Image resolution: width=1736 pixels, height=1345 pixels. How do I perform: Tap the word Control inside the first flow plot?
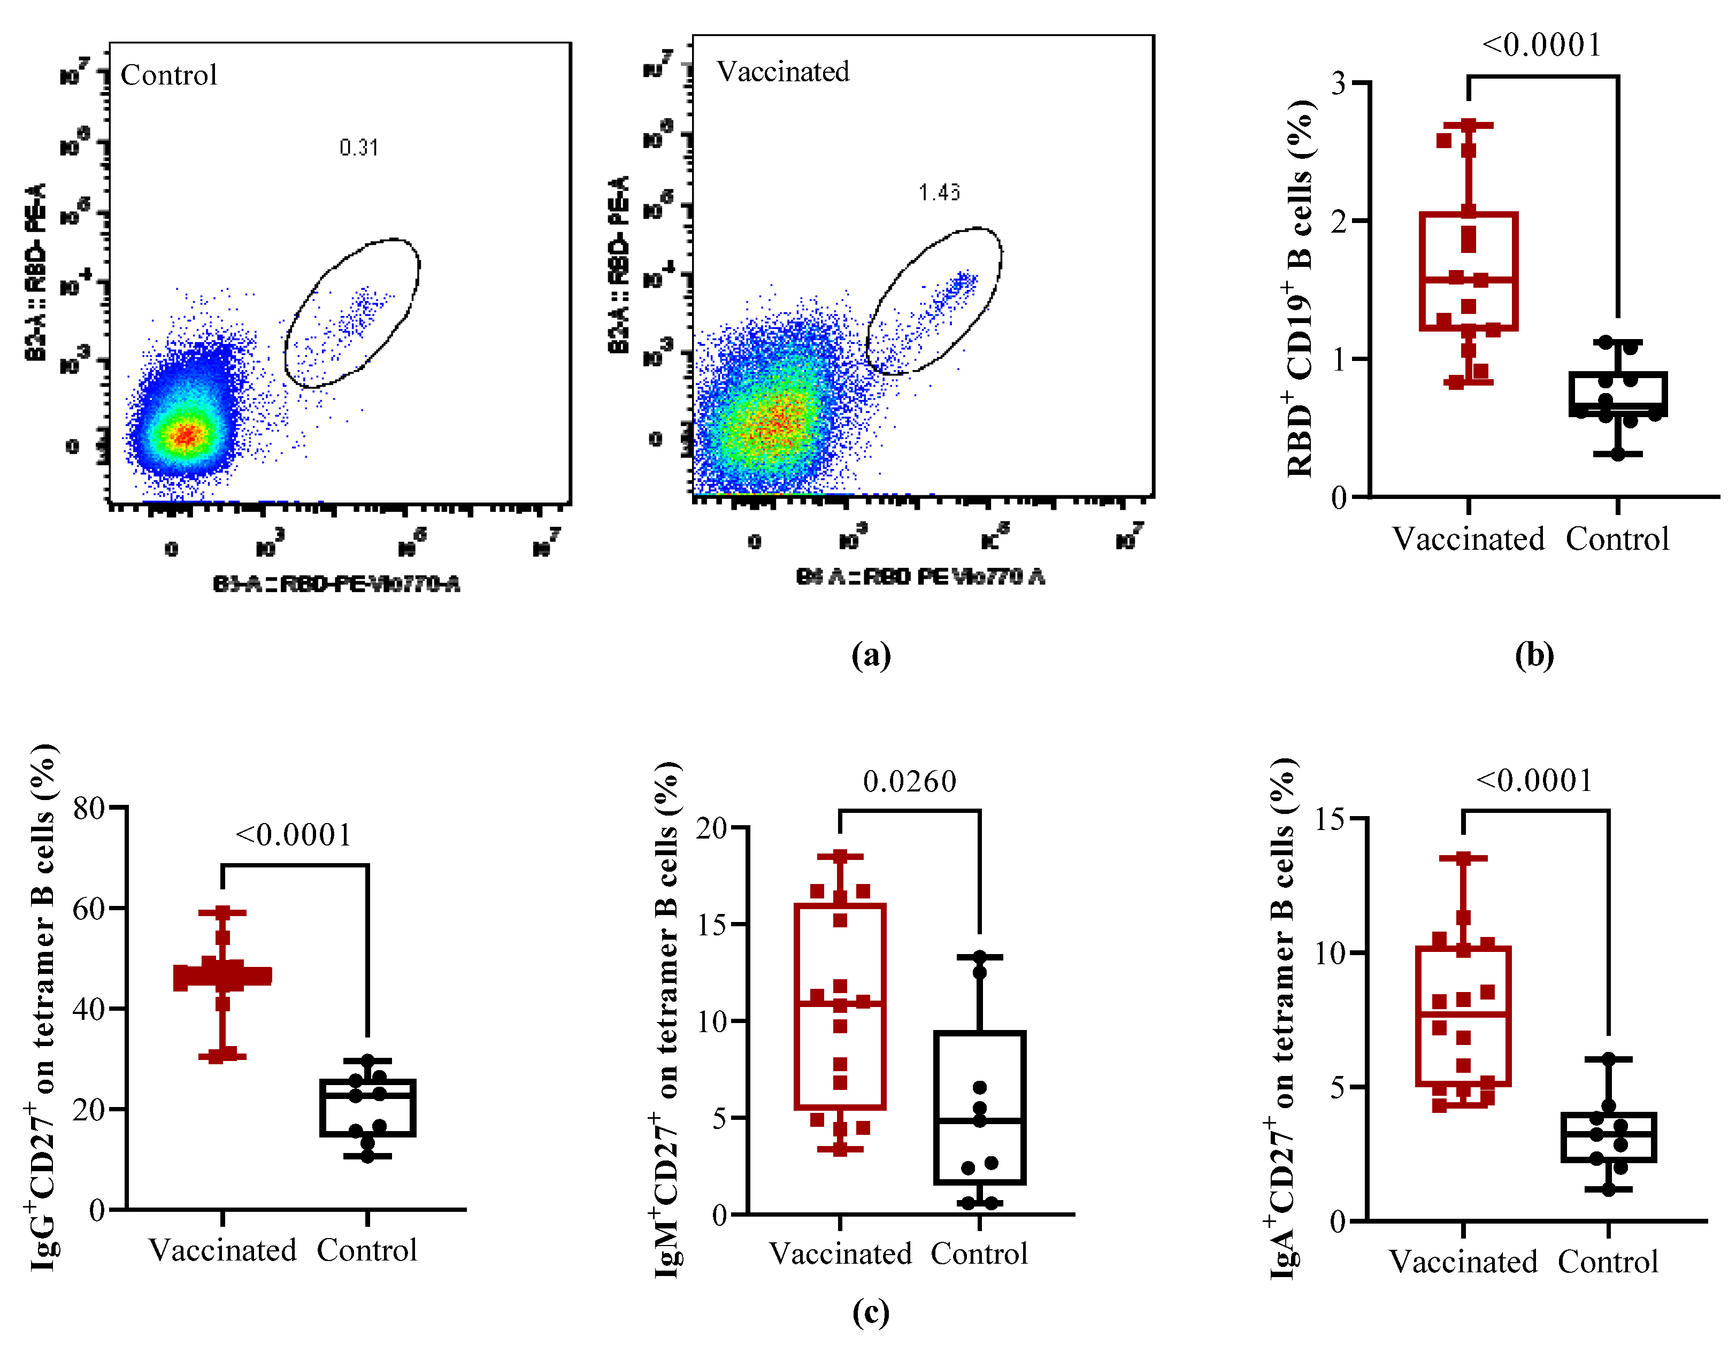(168, 75)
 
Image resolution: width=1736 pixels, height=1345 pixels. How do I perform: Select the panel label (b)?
(1533, 655)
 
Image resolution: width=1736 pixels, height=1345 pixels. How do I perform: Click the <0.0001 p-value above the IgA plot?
(1534, 781)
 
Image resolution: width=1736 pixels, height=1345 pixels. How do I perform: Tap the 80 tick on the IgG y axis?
(89, 809)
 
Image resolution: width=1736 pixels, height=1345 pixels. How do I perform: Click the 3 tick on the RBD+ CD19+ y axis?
(1339, 83)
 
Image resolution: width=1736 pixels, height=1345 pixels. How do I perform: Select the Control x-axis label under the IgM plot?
(979, 1254)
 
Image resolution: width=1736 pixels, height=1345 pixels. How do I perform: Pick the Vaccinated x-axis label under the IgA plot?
(1463, 1262)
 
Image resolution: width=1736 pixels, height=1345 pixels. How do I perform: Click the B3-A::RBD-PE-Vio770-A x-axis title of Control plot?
(336, 585)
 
